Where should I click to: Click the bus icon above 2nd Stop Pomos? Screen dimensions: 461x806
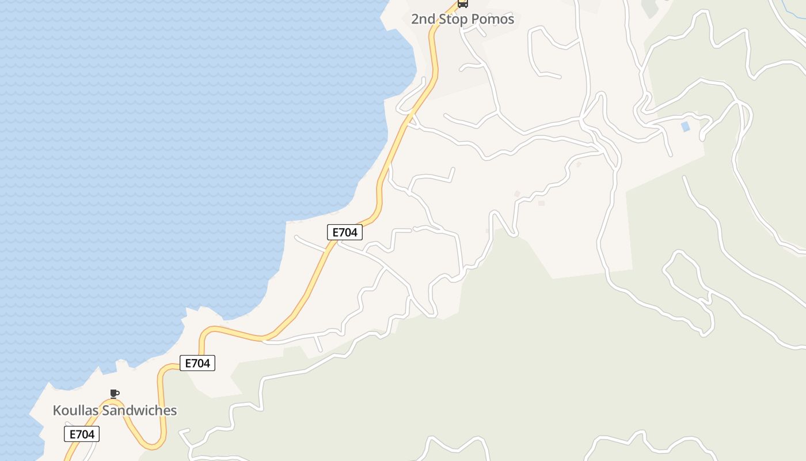(463, 3)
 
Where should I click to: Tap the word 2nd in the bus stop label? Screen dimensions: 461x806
(423, 19)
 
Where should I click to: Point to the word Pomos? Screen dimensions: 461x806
(493, 19)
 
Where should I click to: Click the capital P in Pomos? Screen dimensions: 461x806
(476, 19)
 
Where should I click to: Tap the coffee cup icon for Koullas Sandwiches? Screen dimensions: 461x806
(115, 394)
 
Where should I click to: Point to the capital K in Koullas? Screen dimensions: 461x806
(57, 410)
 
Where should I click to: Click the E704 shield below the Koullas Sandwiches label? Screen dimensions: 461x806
(82, 434)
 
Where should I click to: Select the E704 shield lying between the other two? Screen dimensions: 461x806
(197, 363)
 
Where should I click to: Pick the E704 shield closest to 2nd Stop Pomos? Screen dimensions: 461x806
(345, 232)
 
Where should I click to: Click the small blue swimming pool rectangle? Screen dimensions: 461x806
(685, 127)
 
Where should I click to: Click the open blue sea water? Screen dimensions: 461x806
(144, 144)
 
